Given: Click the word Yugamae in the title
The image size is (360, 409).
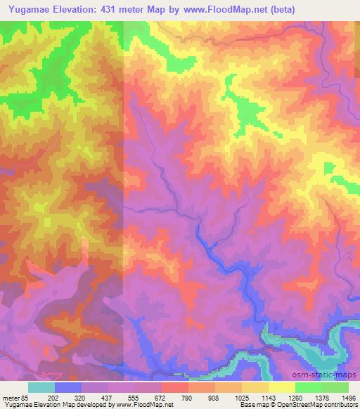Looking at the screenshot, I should (34, 9).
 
